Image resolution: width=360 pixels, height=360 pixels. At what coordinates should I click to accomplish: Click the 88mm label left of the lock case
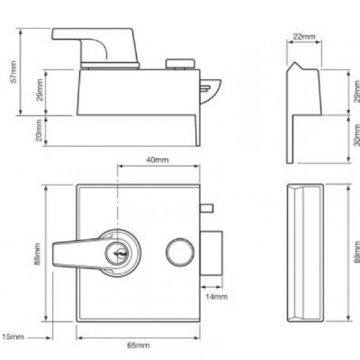click(x=38, y=253)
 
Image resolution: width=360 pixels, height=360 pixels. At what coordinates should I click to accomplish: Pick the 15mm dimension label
click(x=13, y=336)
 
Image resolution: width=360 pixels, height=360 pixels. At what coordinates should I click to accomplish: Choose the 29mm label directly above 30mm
click(x=355, y=91)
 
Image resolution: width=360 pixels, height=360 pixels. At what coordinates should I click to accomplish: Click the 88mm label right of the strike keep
click(x=355, y=252)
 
